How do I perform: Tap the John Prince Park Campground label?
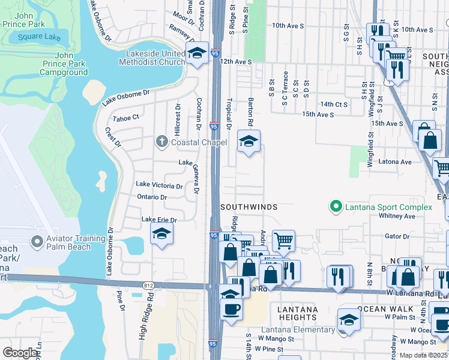click(64, 68)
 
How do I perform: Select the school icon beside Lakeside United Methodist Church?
click(196, 54)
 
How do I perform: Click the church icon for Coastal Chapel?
click(161, 142)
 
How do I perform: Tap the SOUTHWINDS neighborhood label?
click(249, 206)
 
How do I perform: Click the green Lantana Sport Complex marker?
click(336, 207)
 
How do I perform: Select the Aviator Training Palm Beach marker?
click(37, 242)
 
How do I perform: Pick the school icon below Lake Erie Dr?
click(161, 235)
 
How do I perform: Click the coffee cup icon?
click(231, 310)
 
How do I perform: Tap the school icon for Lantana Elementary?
click(349, 320)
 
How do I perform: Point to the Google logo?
click(20, 353)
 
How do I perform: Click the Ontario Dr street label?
click(151, 197)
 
